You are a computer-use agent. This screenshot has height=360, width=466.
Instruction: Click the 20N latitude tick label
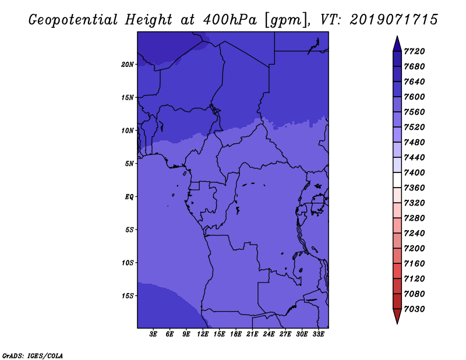tap(128, 65)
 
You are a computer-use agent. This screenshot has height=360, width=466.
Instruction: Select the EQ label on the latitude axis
tap(129, 197)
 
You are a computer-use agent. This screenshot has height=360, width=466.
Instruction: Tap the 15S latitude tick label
tap(128, 296)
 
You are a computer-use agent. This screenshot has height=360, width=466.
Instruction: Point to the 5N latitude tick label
tap(129, 164)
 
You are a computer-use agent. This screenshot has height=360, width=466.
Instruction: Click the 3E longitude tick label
tap(153, 334)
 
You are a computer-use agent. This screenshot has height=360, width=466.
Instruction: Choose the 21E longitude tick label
tap(252, 334)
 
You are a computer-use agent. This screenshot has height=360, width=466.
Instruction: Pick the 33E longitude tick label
tap(318, 334)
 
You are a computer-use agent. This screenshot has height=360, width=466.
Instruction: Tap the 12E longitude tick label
tap(203, 334)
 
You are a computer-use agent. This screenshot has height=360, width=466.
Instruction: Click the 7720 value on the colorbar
tap(414, 51)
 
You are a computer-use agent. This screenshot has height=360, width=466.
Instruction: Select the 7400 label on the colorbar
tap(414, 172)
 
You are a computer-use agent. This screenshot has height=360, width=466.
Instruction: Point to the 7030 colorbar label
tap(414, 309)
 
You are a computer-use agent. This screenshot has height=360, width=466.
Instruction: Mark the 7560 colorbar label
tap(414, 112)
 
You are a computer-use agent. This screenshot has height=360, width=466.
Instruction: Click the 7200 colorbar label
tap(414, 249)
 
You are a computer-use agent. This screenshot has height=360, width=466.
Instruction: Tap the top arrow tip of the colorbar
tap(397, 36)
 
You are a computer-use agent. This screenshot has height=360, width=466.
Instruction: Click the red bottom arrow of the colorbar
tap(397, 316)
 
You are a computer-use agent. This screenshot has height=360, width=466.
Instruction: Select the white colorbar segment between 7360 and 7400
tap(397, 180)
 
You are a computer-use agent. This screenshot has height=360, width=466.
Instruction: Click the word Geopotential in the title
tap(73, 20)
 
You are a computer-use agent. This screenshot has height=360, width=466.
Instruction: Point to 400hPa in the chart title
tap(230, 20)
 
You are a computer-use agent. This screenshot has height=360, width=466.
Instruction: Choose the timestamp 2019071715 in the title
tap(394, 20)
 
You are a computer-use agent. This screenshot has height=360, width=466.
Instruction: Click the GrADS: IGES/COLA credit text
tap(33, 356)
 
